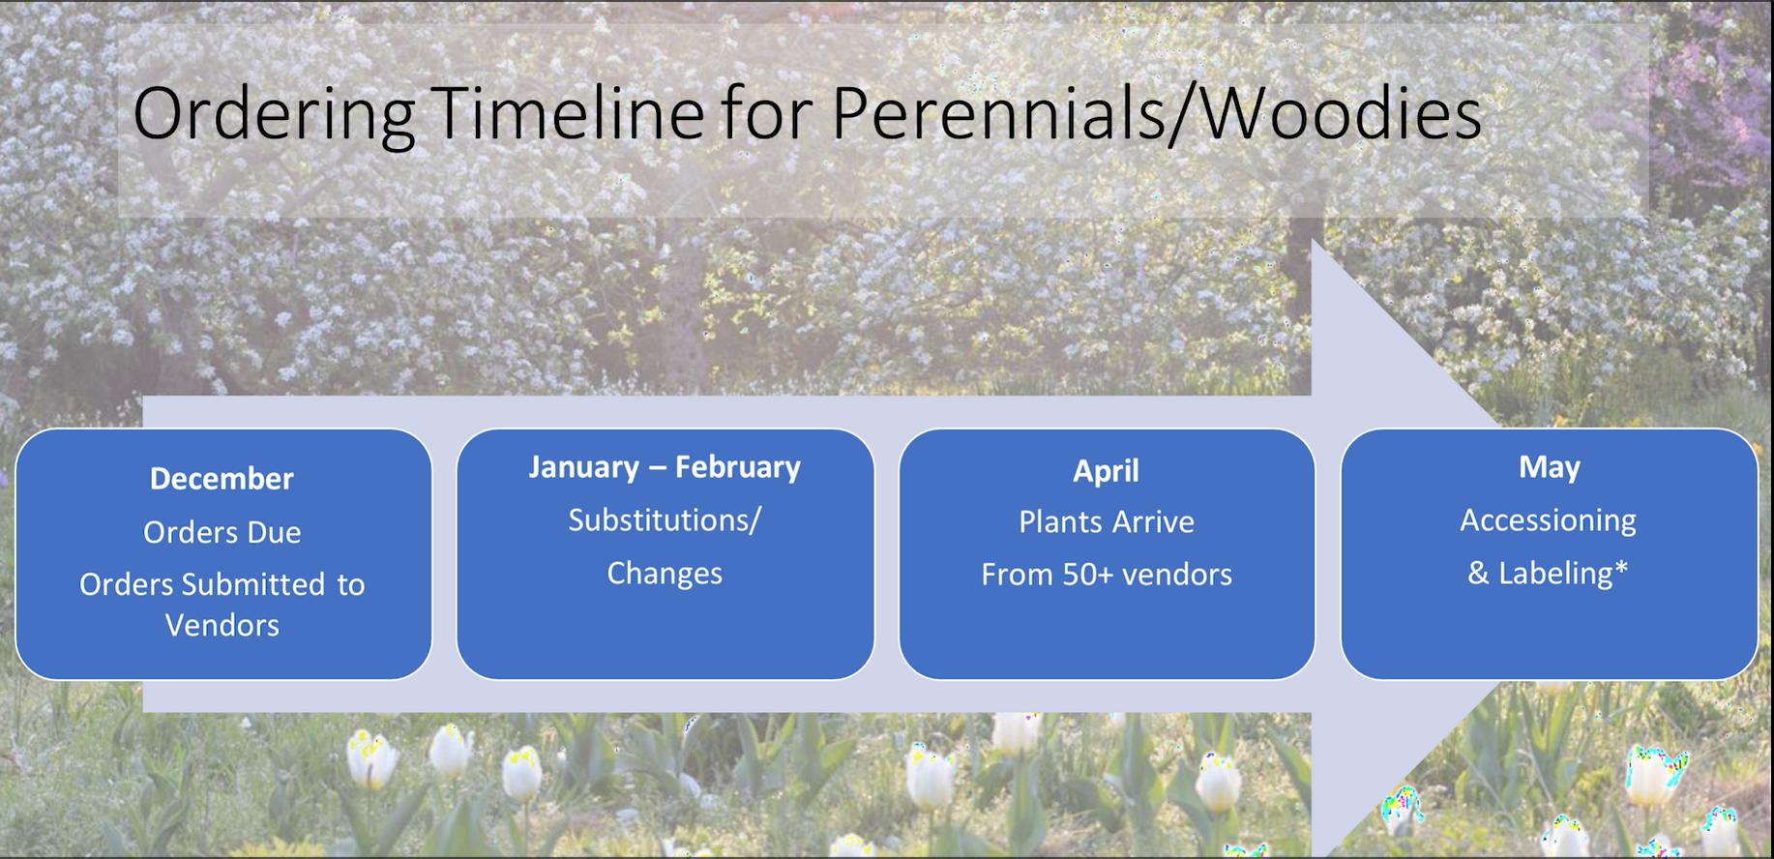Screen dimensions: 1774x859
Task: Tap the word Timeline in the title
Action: (572, 113)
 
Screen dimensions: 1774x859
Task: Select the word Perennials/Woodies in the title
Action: (1156, 114)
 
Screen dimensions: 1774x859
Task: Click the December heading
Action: (222, 479)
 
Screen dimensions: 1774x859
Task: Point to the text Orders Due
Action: (222, 532)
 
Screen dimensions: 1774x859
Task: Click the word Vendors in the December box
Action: (222, 626)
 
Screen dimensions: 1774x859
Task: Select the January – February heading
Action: (665, 467)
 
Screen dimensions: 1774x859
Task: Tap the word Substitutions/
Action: (665, 520)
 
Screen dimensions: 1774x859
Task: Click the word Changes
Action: (665, 574)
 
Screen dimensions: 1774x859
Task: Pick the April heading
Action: (1107, 471)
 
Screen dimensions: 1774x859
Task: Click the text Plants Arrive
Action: (1107, 522)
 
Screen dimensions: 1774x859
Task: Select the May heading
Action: (1549, 468)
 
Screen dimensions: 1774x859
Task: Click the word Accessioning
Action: (1548, 520)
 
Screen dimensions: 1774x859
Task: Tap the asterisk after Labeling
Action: (1621, 567)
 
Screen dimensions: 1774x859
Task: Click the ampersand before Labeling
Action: (1478, 574)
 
